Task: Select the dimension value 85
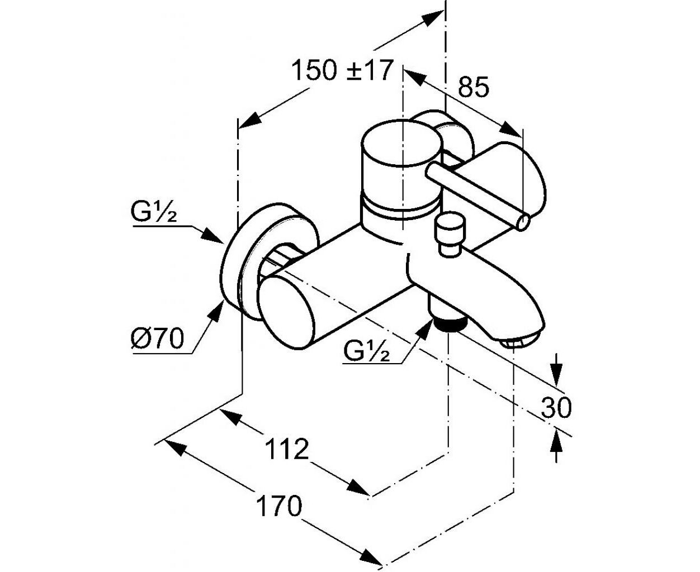tap(474, 87)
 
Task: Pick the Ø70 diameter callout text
tap(157, 338)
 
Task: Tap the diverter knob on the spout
tap(451, 235)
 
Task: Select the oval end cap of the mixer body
tap(286, 312)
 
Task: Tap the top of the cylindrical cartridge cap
tap(401, 143)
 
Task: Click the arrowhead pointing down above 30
tap(557, 374)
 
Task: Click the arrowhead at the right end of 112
tap(358, 488)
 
